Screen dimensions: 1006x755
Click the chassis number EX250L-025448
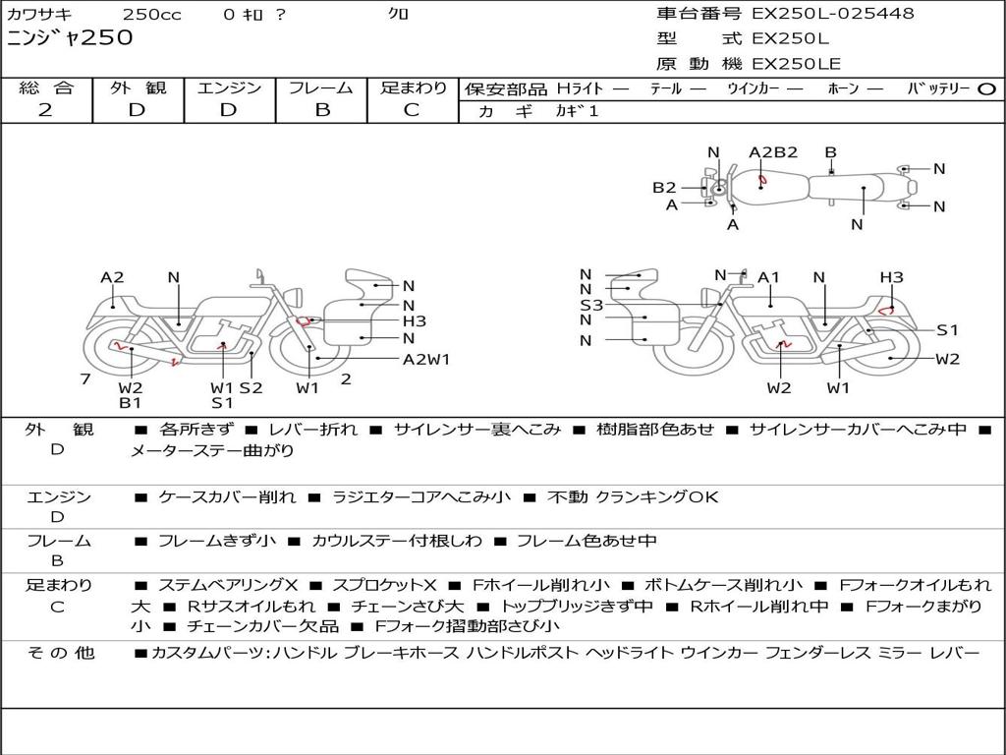[833, 14]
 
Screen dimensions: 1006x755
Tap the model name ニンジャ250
[70, 38]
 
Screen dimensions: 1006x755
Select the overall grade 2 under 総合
[45, 110]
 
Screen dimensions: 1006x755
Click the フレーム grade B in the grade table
[322, 110]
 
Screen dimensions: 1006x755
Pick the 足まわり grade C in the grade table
[412, 110]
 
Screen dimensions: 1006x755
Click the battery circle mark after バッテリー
[986, 89]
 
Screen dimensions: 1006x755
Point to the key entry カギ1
[577, 111]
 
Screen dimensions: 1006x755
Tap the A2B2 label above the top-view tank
[773, 152]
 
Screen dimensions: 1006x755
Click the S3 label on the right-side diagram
[591, 305]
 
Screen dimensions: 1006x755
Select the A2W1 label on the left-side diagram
[426, 360]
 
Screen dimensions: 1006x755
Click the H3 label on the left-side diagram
[415, 321]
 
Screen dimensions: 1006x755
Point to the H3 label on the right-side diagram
[891, 277]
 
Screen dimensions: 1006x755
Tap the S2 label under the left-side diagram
[251, 387]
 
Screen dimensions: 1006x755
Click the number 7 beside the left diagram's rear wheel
[85, 379]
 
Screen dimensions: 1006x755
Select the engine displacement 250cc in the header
[151, 14]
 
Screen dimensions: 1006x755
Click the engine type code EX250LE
[796, 64]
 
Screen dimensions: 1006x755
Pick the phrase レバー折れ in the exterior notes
[313, 430]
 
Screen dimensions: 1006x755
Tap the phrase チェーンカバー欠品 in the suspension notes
[263, 625]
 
